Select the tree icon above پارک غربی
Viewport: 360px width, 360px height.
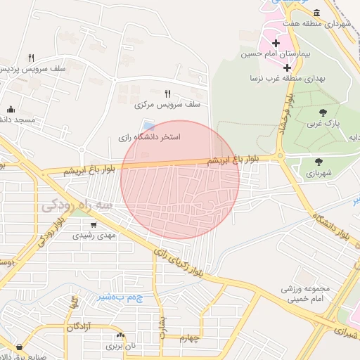click(x=323, y=112)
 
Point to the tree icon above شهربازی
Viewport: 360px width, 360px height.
click(x=319, y=162)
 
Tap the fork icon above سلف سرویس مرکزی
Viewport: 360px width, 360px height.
click(x=167, y=93)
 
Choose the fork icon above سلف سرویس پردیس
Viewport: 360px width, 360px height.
click(x=31, y=58)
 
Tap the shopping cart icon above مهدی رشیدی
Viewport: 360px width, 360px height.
click(x=94, y=226)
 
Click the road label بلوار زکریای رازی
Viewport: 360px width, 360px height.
click(x=181, y=262)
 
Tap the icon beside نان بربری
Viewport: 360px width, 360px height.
click(x=120, y=335)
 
